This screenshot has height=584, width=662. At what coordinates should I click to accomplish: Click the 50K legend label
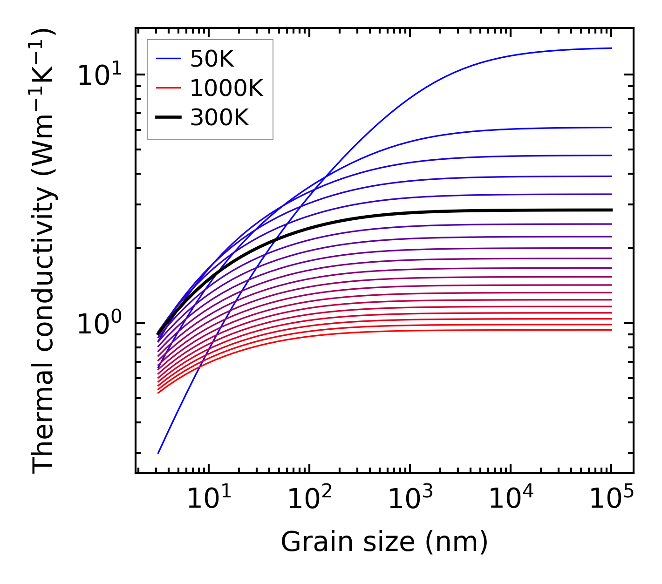click(212, 59)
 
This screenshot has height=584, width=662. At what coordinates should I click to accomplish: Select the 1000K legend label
click(226, 88)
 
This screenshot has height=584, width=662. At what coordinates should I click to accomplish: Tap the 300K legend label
click(219, 118)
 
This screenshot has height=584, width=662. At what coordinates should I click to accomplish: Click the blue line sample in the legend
click(168, 59)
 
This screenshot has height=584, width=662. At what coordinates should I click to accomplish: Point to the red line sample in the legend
click(168, 88)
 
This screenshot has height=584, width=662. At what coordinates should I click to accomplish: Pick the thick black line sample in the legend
click(168, 118)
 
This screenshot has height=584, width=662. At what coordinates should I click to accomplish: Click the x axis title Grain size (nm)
click(384, 542)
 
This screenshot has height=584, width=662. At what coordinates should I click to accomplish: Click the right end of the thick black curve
click(611, 210)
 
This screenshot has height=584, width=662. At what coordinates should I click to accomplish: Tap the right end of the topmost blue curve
click(611, 48)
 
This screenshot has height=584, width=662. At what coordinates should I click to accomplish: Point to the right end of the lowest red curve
click(611, 330)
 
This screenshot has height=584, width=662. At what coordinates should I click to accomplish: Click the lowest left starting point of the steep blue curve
click(158, 453)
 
